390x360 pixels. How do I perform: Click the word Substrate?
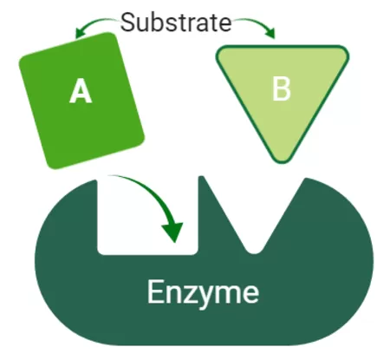176,22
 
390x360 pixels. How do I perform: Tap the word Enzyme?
203,292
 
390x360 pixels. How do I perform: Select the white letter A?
81,91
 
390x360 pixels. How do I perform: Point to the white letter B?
282,88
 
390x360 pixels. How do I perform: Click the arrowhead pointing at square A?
79,33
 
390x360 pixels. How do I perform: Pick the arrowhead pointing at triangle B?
271,33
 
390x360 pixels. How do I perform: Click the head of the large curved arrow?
172,232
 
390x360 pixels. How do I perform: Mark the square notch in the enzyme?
147,217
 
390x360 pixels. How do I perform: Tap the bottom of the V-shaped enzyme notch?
254,252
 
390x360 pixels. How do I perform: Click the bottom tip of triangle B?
282,162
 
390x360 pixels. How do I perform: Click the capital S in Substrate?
127,23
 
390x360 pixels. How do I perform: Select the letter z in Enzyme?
185,294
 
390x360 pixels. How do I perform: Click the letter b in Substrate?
158,23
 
